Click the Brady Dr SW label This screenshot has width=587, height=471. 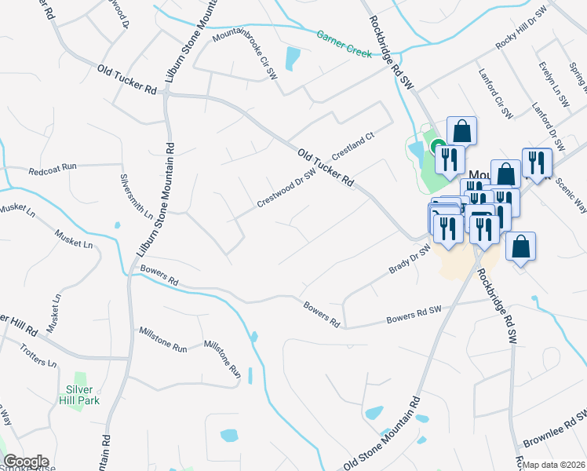tap(410, 260)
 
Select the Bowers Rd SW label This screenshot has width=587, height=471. tap(414, 316)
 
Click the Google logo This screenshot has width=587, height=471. tap(26, 462)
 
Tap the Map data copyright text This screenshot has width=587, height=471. tap(554, 465)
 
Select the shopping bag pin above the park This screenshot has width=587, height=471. tap(461, 130)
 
